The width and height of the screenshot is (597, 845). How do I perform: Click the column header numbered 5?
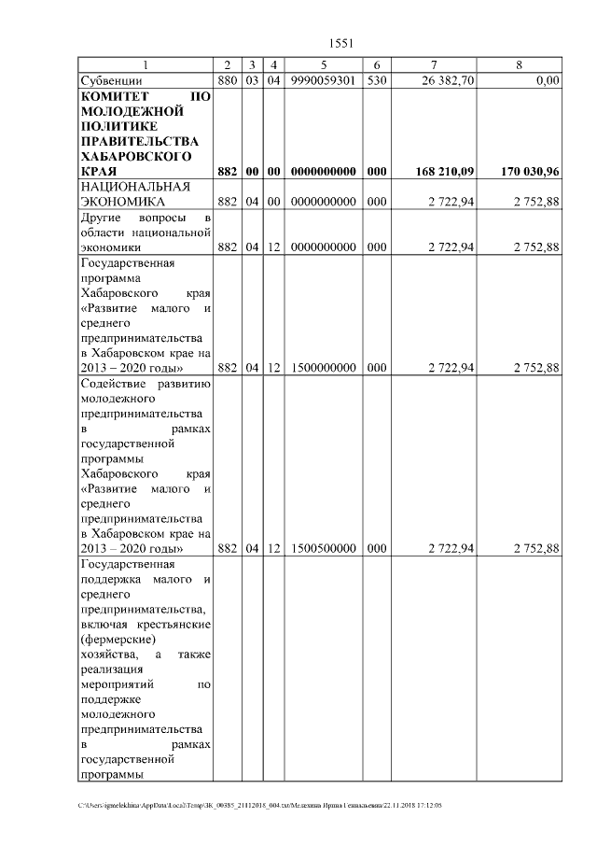click(323, 64)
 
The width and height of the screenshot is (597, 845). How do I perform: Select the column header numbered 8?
click(519, 64)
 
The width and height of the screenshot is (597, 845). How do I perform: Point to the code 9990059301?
click(323, 81)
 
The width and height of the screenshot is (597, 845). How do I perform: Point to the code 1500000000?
click(323, 368)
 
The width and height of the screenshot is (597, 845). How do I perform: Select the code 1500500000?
click(323, 549)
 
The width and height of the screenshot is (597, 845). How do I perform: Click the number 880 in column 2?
click(227, 81)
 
